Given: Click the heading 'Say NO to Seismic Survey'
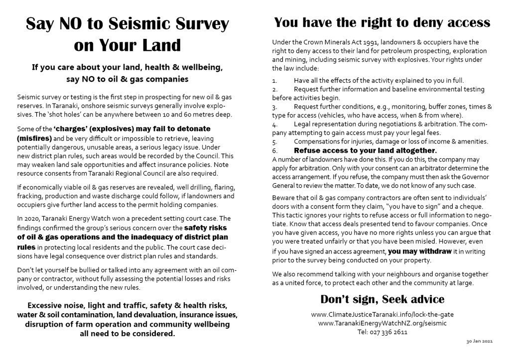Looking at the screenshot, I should click(x=127, y=23).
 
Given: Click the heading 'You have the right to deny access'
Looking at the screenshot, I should click(x=382, y=22).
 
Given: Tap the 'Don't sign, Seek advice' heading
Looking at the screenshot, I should click(x=382, y=299).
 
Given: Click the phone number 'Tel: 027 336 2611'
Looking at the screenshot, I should click(x=382, y=332).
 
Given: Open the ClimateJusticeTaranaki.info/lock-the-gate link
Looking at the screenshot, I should click(x=382, y=315).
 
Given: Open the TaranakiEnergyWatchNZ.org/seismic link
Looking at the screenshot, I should click(x=382, y=323).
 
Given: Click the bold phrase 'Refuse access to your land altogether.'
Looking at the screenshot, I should click(x=365, y=150).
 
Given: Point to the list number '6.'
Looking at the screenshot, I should click(x=274, y=150).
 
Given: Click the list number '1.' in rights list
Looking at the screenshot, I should click(x=274, y=80).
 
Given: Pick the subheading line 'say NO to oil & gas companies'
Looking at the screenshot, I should click(x=127, y=79).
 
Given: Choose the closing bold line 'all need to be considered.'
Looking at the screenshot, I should click(x=127, y=334).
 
